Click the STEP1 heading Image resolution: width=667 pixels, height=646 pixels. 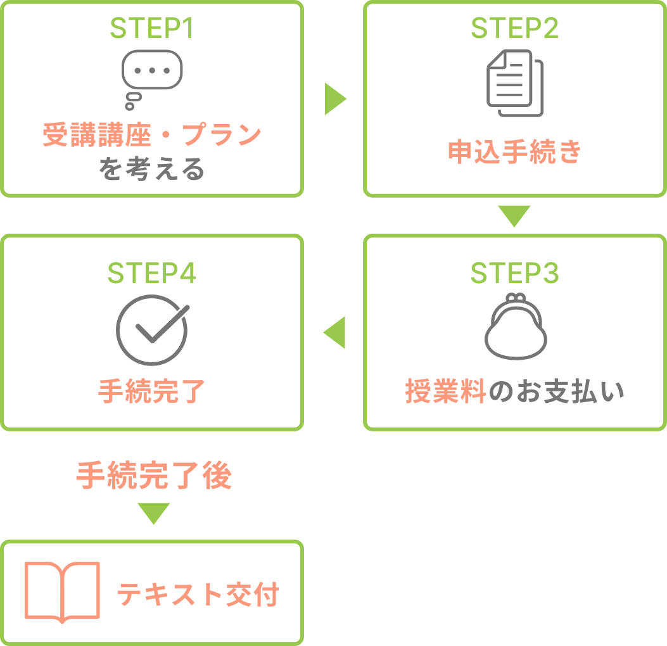pos(152,28)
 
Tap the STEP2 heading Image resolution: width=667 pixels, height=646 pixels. pos(515,28)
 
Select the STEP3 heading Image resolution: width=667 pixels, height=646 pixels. pos(515,272)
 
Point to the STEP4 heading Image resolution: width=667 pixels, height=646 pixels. pos(152,272)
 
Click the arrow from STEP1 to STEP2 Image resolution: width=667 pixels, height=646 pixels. pos(334,99)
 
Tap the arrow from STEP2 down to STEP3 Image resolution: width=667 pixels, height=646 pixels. pos(514,215)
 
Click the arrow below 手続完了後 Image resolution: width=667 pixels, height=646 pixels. pos(153,512)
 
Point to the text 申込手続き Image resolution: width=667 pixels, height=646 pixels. pos(515,152)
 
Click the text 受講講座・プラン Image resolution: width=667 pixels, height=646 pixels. pos(152,134)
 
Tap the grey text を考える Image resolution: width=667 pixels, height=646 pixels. pos(152,169)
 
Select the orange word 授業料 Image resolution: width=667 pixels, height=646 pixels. pos(445,391)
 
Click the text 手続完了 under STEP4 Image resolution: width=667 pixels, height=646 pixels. pos(152,391)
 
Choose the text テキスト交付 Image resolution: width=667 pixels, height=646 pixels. pos(198,594)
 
